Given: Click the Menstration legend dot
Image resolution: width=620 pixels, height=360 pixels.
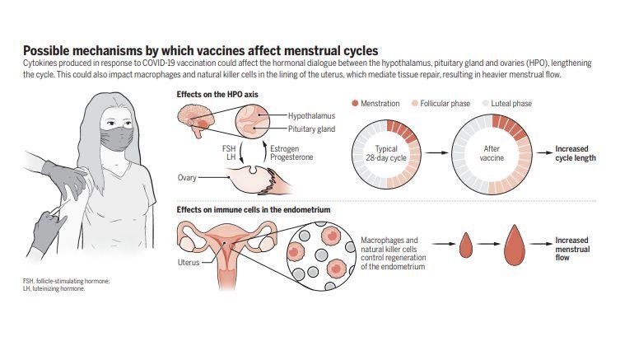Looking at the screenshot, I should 355,104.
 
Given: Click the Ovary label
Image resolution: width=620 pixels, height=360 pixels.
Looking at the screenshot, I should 188,177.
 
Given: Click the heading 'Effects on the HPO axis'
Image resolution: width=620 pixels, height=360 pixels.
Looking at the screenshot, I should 217,95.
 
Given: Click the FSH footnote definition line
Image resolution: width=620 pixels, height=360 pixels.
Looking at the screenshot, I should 66,282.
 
